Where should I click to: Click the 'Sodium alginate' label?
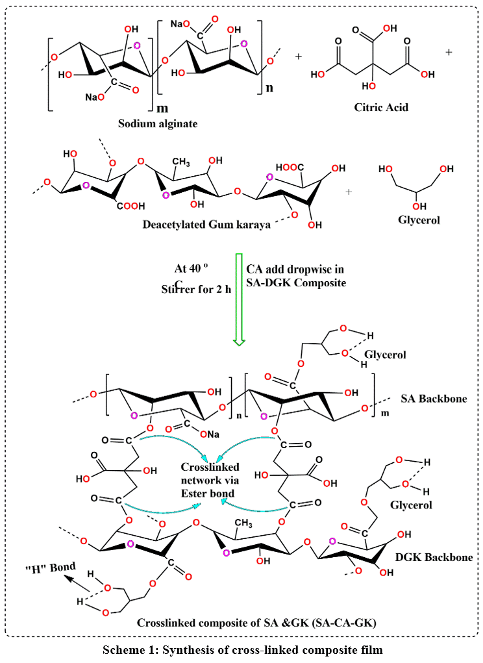click(x=158, y=124)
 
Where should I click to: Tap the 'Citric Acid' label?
click(x=381, y=107)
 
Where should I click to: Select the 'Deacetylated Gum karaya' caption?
click(x=206, y=225)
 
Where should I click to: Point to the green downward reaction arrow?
click(x=239, y=299)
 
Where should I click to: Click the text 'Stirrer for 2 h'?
click(x=196, y=290)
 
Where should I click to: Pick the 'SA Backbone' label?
click(x=434, y=399)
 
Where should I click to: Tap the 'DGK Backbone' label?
click(x=434, y=557)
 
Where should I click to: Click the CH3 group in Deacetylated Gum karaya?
click(x=181, y=163)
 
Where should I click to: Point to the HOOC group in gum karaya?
click(x=290, y=168)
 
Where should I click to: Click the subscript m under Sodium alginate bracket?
click(x=162, y=108)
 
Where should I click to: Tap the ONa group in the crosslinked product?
click(x=210, y=434)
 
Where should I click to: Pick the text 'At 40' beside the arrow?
click(x=188, y=268)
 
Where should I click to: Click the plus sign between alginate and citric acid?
click(x=299, y=56)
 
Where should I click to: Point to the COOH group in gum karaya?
click(x=131, y=206)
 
